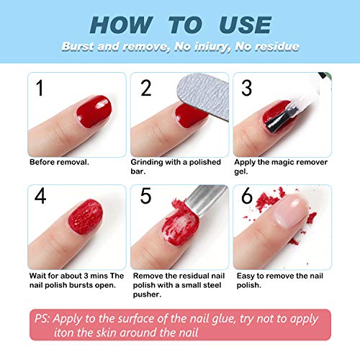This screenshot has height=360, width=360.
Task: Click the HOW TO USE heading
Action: [179, 24]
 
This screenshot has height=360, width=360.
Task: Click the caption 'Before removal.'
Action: [59, 162]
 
